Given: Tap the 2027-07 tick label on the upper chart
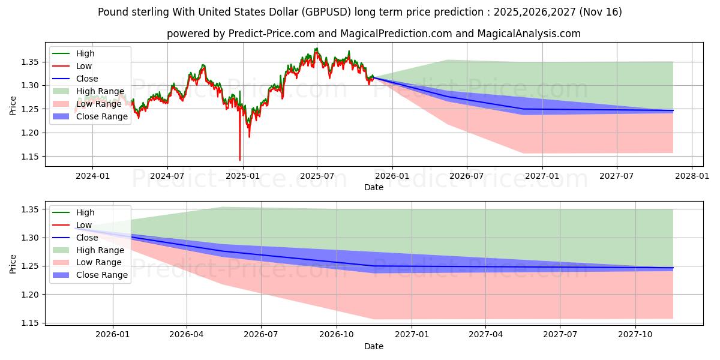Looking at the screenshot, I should [617, 175].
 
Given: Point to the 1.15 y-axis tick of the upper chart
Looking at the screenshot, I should [29, 157].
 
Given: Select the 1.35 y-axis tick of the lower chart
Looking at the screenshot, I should [29, 209].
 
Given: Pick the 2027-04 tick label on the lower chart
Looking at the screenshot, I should [485, 334].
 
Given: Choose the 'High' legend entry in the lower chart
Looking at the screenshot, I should [85, 212].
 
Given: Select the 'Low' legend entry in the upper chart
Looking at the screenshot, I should [84, 66].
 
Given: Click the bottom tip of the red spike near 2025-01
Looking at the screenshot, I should [240, 160].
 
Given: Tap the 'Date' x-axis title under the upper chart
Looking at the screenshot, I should [373, 187].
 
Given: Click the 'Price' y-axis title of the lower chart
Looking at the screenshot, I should [13, 264].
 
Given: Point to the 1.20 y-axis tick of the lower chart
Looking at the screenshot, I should [29, 295].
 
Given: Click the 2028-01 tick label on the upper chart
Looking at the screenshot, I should [692, 175].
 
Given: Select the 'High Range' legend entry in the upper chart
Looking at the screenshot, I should [100, 91].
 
